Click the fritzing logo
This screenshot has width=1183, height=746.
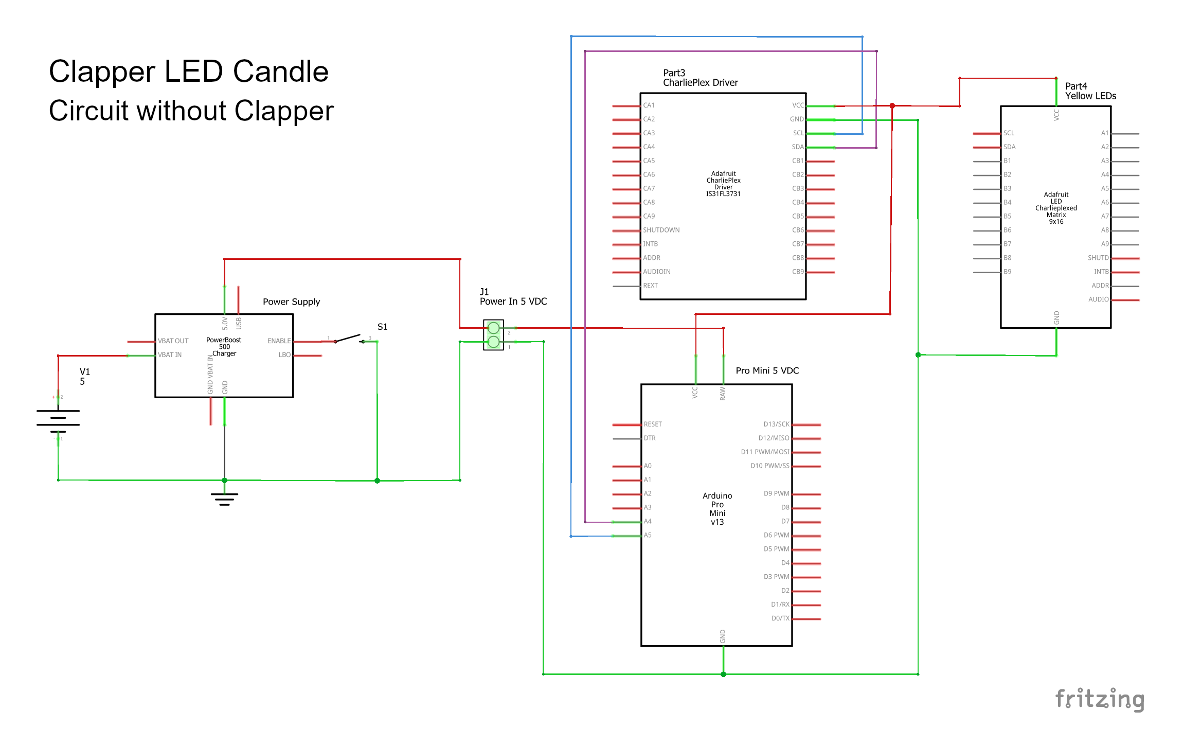point(1100,700)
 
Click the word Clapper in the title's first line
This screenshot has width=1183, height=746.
point(102,72)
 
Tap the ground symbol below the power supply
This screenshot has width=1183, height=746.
point(224,499)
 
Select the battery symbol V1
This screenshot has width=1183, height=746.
point(58,418)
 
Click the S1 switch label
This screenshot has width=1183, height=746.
point(382,327)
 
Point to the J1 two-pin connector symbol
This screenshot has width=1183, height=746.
point(493,334)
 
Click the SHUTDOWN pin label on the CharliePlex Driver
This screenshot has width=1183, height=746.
point(661,230)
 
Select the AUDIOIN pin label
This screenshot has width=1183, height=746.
point(656,272)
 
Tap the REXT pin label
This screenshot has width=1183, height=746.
point(650,286)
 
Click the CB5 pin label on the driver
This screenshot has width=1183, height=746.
point(797,216)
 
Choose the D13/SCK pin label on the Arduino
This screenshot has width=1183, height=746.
point(776,424)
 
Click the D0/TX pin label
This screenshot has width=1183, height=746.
point(780,618)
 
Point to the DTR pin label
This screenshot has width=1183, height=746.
point(650,438)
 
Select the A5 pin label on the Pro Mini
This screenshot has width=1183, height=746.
point(648,535)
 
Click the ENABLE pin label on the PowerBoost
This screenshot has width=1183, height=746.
point(279,341)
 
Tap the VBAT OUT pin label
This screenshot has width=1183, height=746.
point(173,341)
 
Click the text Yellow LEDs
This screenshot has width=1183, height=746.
point(1090,96)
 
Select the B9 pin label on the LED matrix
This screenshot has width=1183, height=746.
point(1007,272)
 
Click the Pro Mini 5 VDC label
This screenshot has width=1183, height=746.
point(767,370)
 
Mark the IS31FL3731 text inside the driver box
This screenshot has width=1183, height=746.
point(723,194)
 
